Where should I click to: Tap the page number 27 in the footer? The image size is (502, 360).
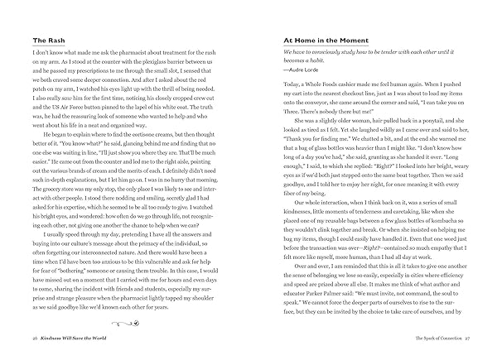click(467, 340)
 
